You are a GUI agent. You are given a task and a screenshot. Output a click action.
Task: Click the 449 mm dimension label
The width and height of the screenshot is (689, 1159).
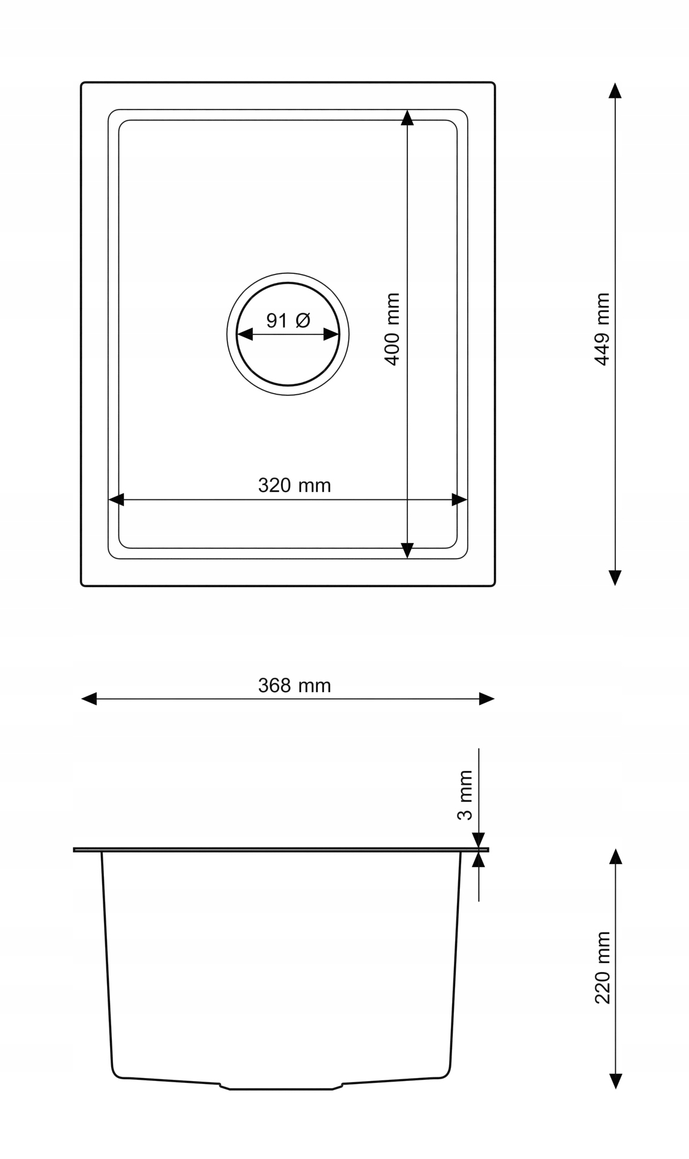(x=602, y=330)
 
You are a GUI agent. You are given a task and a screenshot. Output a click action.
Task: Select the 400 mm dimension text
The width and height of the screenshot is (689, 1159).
(x=392, y=330)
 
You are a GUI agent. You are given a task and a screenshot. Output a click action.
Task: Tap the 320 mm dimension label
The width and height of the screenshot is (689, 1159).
(x=294, y=485)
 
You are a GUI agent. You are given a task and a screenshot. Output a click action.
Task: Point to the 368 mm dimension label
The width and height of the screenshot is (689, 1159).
(x=294, y=686)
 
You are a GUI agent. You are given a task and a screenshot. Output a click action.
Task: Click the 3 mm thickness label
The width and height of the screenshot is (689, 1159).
(x=465, y=795)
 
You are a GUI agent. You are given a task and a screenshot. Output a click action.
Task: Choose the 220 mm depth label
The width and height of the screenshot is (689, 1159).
(x=602, y=968)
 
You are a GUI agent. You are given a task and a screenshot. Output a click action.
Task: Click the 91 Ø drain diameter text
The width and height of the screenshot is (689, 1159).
(x=288, y=320)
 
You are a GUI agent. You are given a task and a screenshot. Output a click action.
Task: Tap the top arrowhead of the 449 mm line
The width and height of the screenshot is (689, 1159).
(x=615, y=91)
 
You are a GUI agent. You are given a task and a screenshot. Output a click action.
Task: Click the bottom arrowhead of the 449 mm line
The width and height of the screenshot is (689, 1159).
(x=615, y=578)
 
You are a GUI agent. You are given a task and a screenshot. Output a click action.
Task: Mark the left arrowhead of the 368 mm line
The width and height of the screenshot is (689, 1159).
(x=89, y=699)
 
